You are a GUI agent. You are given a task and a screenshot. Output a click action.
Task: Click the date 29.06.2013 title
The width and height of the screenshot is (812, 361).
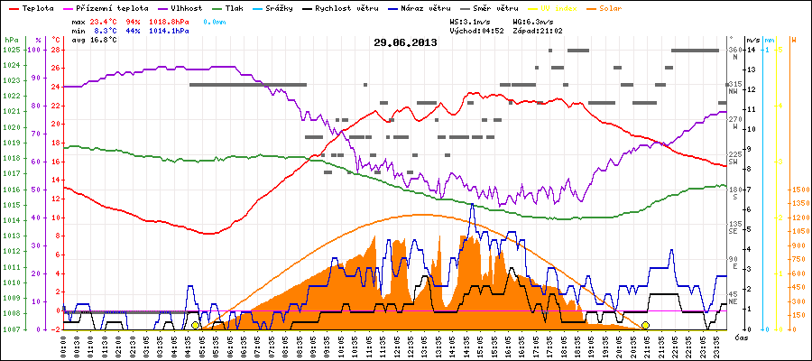[x=405, y=42]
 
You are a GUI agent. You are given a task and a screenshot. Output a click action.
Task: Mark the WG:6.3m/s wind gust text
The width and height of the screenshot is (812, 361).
[x=532, y=19]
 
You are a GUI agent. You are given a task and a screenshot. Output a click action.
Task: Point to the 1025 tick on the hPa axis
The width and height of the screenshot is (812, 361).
[x=11, y=50]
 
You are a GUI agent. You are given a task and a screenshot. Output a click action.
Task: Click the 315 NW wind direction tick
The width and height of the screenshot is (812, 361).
[x=734, y=87]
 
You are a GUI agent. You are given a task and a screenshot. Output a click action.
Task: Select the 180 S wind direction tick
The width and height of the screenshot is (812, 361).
[x=734, y=191]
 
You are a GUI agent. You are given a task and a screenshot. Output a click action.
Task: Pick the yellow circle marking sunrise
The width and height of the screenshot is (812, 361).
[x=195, y=326]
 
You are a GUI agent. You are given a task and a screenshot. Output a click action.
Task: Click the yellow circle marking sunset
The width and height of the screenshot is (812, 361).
[x=645, y=326]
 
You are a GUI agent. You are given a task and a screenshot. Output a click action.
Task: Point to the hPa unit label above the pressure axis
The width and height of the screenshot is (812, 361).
[x=10, y=41]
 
